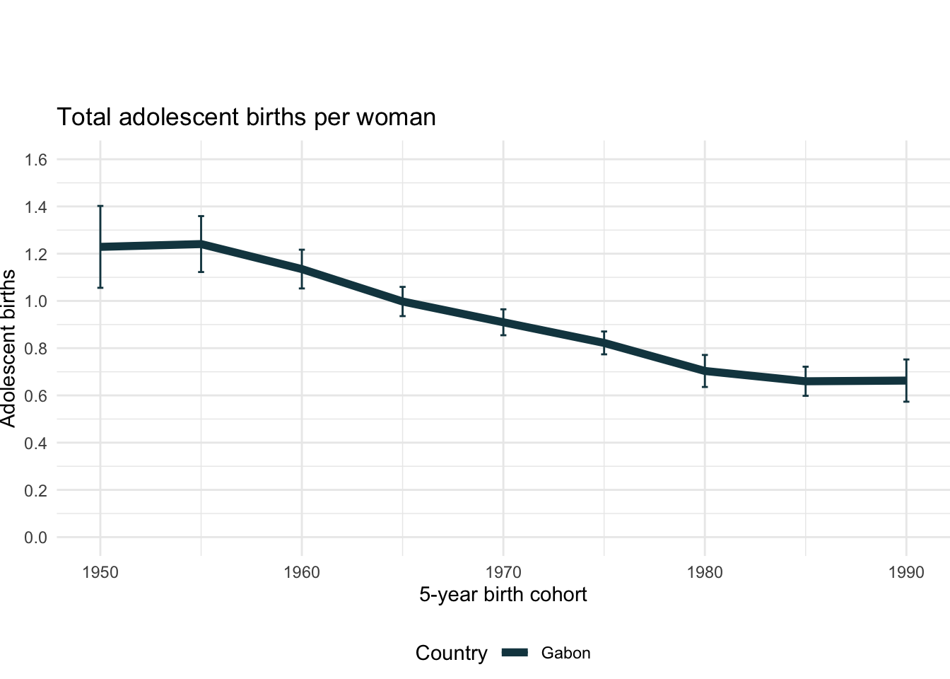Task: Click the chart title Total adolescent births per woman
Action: pos(246,117)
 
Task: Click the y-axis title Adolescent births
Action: pos(8,348)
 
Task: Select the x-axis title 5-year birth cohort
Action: pos(503,594)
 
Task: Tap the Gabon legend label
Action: pos(565,654)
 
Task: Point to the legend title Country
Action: pos(451,654)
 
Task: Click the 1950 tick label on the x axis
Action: pos(100,572)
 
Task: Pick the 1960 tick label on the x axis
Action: pos(302,572)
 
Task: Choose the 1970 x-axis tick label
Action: pos(503,572)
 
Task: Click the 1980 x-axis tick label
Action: pos(705,572)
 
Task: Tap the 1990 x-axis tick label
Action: pos(906,572)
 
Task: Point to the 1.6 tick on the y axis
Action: pos(35,160)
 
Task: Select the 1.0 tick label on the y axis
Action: pos(35,301)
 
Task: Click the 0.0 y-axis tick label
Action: pos(35,538)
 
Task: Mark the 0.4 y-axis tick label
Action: pos(35,443)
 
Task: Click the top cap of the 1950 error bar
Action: pos(100,206)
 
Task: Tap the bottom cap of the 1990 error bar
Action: pos(906,402)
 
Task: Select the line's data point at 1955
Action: pos(201,244)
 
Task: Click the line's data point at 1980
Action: pos(705,371)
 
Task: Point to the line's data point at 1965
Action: pos(403,301)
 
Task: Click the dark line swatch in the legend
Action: pos(515,654)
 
